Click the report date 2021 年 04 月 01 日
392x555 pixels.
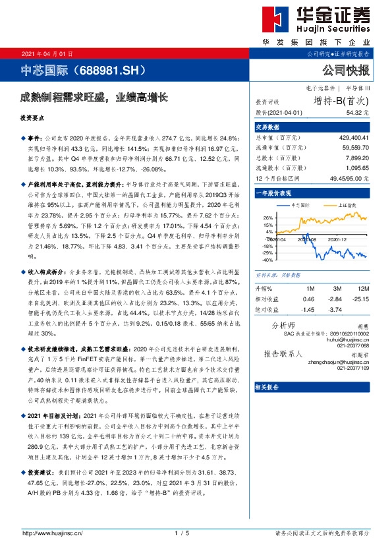click(44, 53)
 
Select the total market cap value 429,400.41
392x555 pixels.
click(353, 138)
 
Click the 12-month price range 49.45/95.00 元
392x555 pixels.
click(349, 179)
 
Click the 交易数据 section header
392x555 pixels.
click(268, 127)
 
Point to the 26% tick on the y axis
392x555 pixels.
click(268, 218)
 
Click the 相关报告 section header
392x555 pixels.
click(268, 388)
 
